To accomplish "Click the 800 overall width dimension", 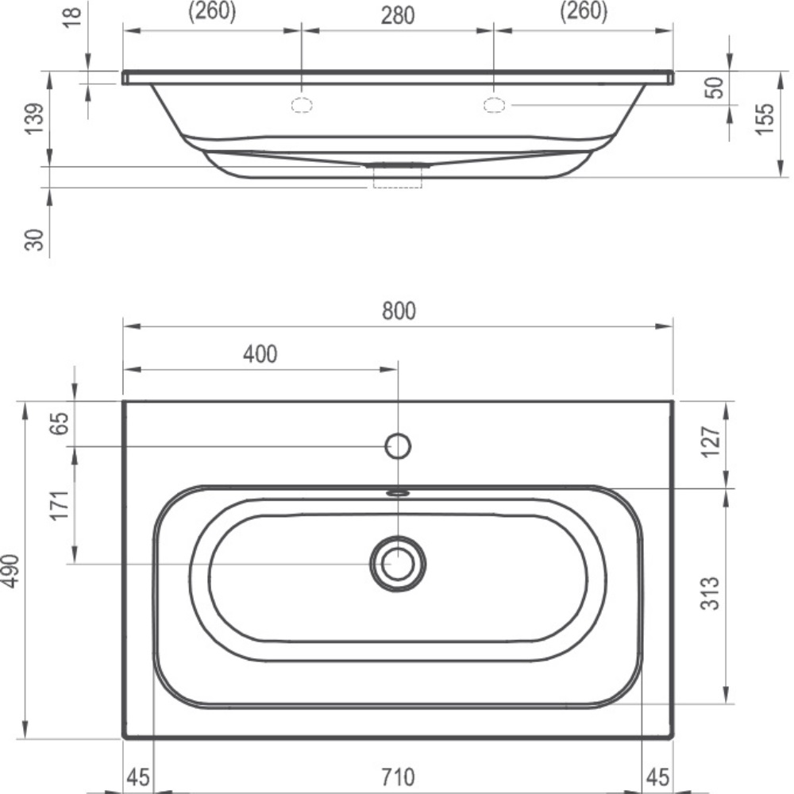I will [x=398, y=311].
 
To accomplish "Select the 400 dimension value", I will [x=260, y=354].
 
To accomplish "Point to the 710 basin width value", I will [x=398, y=776].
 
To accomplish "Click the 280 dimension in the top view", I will [x=398, y=15].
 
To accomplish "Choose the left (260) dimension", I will [x=211, y=12].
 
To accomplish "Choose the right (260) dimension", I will [x=584, y=12].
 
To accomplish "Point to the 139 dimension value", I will [x=34, y=119].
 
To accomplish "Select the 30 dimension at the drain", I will [x=34, y=237].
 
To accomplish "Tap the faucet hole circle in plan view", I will [x=398, y=447].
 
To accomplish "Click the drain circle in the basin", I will [x=398, y=563].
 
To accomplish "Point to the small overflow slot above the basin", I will [x=398, y=492].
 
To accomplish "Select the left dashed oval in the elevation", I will [x=302, y=105].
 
